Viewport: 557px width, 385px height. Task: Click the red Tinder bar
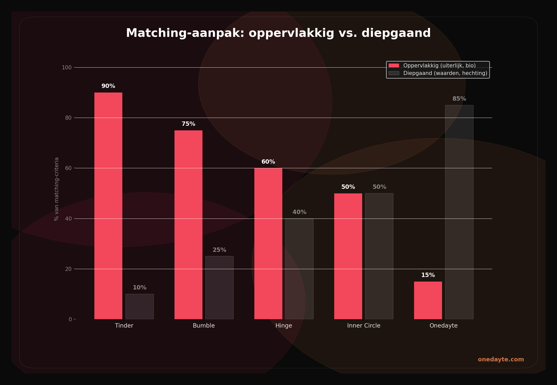[x=108, y=206]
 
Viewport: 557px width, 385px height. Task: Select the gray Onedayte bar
[x=459, y=212]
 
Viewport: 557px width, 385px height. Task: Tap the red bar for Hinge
[x=268, y=243]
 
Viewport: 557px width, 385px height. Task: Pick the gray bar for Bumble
[x=219, y=288]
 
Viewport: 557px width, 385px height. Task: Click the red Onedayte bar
[x=428, y=300]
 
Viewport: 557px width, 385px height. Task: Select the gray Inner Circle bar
[x=379, y=256]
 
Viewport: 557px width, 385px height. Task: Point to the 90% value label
[x=108, y=86]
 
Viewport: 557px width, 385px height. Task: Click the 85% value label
[x=459, y=99]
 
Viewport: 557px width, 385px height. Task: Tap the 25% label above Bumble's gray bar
[x=219, y=250]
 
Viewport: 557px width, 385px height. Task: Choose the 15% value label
[x=428, y=275]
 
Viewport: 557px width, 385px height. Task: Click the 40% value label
[x=299, y=212]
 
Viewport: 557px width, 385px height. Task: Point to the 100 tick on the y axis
[x=67, y=68]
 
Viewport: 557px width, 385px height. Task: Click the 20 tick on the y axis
[x=68, y=269]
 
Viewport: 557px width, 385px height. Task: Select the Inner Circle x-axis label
[x=363, y=326]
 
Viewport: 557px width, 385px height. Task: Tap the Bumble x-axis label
[x=204, y=326]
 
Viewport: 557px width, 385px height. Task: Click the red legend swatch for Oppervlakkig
[x=394, y=66]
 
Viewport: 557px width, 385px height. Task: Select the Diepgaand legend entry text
[x=445, y=73]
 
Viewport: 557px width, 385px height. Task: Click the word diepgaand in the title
[x=396, y=34]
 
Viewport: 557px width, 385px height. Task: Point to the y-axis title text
[x=56, y=189]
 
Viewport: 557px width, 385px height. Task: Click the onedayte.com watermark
[x=501, y=360]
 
